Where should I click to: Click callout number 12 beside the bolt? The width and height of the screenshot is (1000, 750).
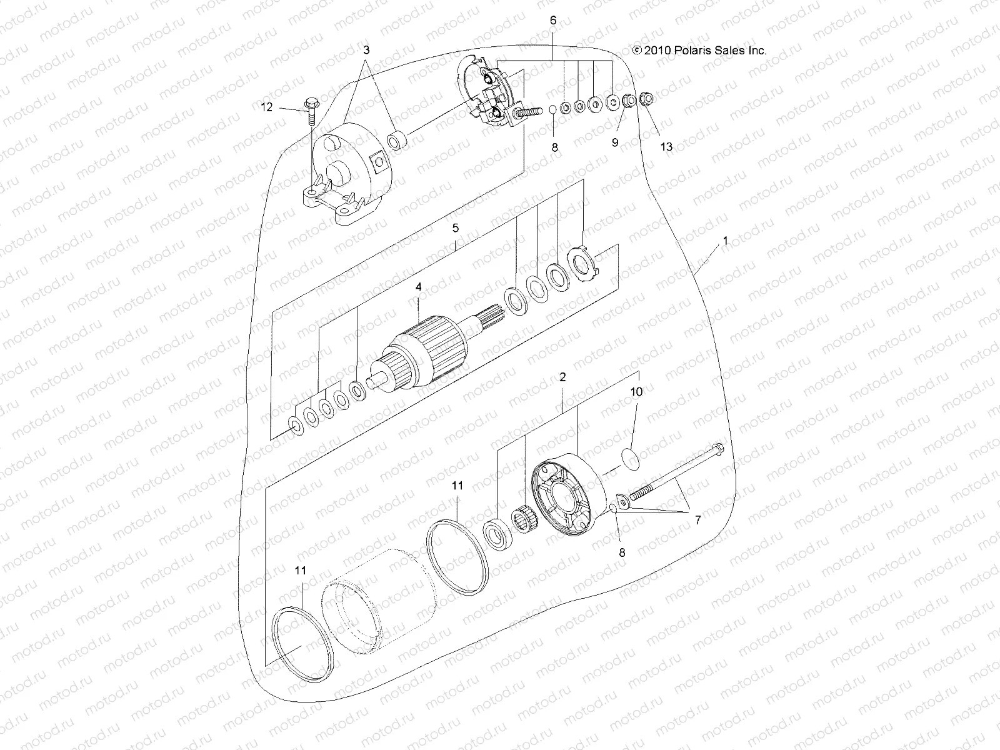(x=267, y=107)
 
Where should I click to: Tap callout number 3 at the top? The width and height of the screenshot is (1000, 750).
(x=366, y=49)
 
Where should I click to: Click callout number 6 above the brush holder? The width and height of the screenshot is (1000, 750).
(x=552, y=20)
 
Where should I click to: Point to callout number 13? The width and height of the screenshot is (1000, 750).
(x=666, y=146)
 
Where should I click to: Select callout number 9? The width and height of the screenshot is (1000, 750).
(x=615, y=142)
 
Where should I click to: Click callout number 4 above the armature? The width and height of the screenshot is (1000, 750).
(x=419, y=286)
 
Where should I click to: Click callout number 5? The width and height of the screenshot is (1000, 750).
(x=456, y=228)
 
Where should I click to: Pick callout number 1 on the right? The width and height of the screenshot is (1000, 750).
(x=725, y=240)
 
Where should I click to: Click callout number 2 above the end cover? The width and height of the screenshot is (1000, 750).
(x=562, y=377)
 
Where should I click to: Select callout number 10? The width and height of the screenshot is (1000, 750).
(x=636, y=392)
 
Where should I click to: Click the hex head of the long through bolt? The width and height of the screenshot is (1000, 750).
(x=717, y=449)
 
